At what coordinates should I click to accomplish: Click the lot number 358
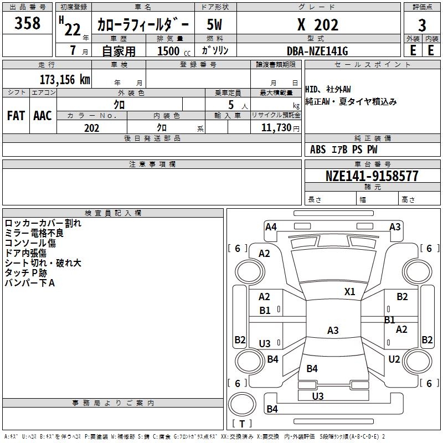tap(28, 24)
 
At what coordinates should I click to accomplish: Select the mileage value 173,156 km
tap(64, 79)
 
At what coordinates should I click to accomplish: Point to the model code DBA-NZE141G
tap(317, 51)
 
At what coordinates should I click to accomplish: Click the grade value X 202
tap(317, 24)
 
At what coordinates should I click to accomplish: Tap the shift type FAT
tap(16, 116)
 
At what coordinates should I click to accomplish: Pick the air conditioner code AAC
tap(43, 116)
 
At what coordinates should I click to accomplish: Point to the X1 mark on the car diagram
tap(349, 292)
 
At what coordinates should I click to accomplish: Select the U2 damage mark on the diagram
tap(394, 359)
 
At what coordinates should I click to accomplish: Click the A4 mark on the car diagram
tap(271, 226)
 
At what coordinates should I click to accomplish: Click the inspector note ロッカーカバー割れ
tap(43, 223)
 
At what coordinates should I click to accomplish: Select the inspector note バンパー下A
tap(30, 283)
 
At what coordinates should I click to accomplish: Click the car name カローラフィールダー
tap(143, 25)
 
